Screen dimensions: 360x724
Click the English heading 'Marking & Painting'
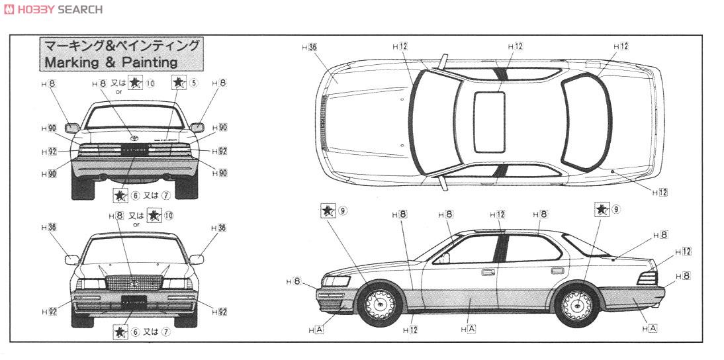pos(111,62)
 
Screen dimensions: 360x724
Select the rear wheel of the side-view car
pos(576,304)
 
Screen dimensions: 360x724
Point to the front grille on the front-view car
pos(134,283)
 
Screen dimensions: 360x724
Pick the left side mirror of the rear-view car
pos(72,128)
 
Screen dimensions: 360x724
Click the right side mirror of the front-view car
pos(197,259)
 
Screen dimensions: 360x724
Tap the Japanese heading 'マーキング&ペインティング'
pos(121,46)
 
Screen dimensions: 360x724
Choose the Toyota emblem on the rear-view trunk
pos(135,139)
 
